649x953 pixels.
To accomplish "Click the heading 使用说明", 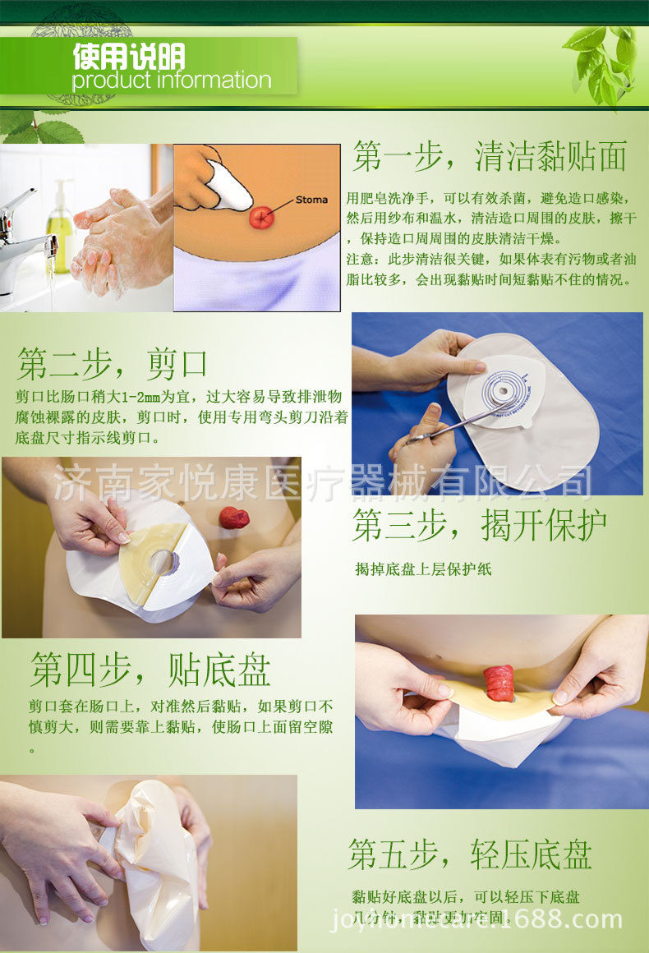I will tap(128, 56).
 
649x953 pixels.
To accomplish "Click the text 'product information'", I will tap(171, 81).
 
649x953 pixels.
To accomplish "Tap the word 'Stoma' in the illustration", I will tap(311, 200).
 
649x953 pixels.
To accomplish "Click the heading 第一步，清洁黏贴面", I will tap(490, 156).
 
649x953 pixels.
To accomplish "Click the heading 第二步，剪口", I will tap(113, 362).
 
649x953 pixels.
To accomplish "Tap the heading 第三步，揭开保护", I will tap(480, 526).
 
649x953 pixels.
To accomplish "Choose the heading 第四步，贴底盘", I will tap(150, 670).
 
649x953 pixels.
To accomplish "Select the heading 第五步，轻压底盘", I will tap(470, 854).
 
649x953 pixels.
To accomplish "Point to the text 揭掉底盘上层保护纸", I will tap(423, 569).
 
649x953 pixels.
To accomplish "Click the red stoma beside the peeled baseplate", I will tap(234, 518).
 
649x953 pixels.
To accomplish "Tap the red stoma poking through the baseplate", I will tap(499, 683).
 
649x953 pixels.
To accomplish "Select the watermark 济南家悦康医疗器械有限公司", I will tap(323, 483).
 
